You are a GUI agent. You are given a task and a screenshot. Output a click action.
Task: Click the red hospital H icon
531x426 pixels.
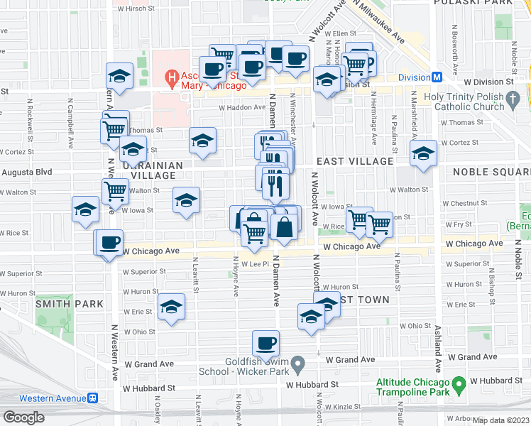171,77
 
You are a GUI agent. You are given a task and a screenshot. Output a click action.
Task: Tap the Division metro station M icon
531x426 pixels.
438,77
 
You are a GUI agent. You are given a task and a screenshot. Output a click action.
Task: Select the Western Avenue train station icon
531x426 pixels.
92,398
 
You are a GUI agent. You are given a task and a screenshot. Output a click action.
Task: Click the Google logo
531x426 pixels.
23,417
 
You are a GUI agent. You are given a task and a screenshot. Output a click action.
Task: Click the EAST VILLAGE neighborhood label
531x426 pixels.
355,161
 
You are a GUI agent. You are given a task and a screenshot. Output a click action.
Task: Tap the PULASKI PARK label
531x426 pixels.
485,4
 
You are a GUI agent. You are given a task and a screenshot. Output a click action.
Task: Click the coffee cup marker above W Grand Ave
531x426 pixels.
266,344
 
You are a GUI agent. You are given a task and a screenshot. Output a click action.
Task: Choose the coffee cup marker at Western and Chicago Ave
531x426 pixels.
109,243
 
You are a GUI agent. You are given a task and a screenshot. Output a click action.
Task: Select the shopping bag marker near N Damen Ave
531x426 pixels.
284,227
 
